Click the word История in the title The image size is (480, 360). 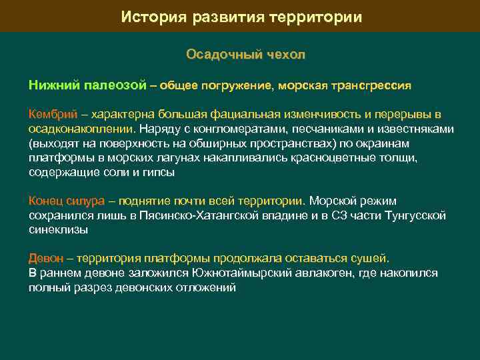151,17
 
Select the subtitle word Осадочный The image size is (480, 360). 217,55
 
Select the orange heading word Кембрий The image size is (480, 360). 51,114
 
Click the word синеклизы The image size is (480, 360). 58,229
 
